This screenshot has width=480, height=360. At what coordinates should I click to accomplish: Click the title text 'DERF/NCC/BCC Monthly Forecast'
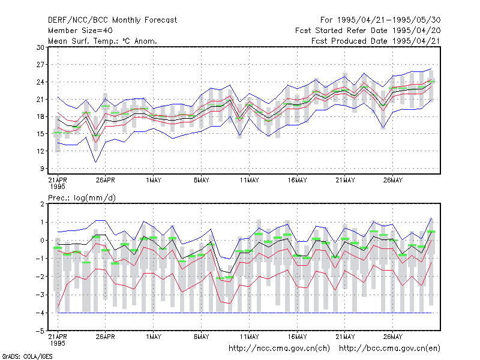tap(112, 20)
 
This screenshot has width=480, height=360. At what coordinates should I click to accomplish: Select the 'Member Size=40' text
tap(80, 31)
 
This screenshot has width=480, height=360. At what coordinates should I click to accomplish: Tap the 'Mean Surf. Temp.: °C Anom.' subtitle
tap(103, 41)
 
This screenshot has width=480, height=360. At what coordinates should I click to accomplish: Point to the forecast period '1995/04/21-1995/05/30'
tap(389, 20)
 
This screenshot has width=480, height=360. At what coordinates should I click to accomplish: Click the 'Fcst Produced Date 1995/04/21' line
tap(376, 41)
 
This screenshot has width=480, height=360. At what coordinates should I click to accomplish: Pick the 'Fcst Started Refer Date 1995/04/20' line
tap(368, 31)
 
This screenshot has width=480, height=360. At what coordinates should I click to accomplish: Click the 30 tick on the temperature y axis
tap(40, 47)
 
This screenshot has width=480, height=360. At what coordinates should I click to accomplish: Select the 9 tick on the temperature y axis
tap(42, 169)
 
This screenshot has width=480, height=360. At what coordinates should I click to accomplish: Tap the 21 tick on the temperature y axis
tap(40, 99)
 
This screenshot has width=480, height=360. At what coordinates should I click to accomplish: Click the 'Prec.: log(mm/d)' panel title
tap(82, 198)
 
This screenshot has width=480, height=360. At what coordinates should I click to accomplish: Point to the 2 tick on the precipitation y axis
tap(42, 204)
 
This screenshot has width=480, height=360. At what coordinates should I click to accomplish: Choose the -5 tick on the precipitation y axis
tap(40, 331)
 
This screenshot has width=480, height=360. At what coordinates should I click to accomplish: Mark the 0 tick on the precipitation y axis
tap(42, 241)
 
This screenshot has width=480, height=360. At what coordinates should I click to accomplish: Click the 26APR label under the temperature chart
tap(106, 180)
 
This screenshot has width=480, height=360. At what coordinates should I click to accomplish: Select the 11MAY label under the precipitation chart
tap(249, 337)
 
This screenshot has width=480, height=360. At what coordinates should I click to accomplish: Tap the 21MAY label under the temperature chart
tap(345, 180)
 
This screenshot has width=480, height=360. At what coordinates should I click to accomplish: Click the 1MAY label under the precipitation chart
tap(154, 337)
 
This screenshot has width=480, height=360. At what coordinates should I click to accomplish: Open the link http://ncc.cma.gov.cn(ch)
tap(279, 349)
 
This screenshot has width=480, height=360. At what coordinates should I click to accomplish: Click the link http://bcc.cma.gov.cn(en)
tap(389, 349)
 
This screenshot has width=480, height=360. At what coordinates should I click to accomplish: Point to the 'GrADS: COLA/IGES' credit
tap(27, 356)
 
